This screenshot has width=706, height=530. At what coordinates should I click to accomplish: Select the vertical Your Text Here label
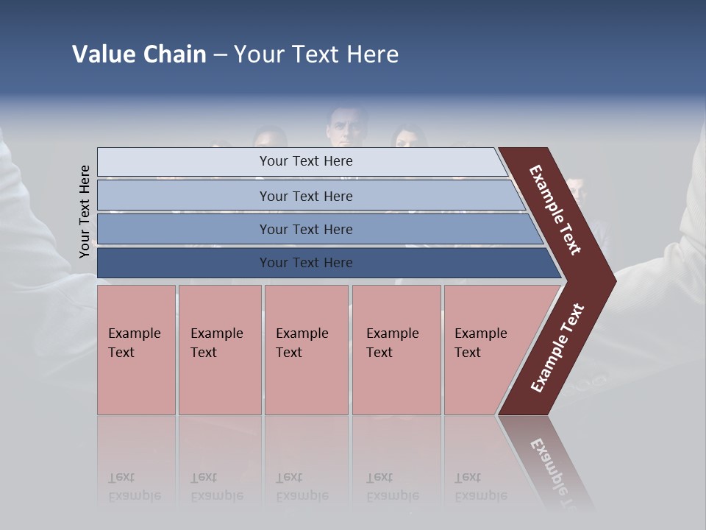[85, 211]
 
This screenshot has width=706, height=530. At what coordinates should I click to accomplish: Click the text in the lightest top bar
[306, 161]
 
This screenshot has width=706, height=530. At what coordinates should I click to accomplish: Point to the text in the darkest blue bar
[306, 263]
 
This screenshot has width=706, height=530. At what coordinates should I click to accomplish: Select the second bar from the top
[306, 196]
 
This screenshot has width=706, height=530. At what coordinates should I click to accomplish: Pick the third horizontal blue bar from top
[306, 230]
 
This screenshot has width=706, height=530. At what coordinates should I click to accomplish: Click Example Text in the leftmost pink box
[134, 343]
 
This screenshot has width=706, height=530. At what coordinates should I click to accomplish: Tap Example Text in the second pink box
[216, 343]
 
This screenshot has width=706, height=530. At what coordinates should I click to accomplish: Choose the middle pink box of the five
[306, 350]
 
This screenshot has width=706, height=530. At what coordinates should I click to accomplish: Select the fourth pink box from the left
[396, 350]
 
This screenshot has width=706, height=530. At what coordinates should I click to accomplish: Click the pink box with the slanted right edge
[485, 350]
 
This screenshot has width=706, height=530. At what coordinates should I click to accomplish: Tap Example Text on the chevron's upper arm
[555, 210]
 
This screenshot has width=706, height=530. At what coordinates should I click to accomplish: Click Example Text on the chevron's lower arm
[557, 348]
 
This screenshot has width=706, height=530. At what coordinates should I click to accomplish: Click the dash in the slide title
[220, 55]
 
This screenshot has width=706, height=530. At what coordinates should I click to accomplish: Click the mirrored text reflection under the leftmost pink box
[134, 487]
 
